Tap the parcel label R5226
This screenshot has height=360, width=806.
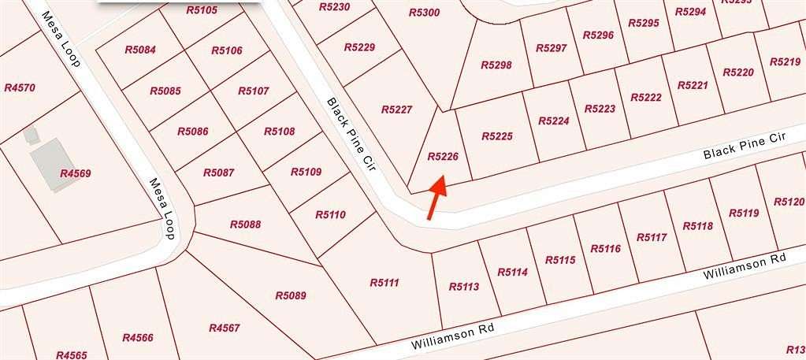[x=442, y=157]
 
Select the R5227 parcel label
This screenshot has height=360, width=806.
[x=396, y=109]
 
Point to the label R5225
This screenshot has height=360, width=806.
[x=496, y=136]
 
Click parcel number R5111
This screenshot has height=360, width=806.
[x=384, y=282]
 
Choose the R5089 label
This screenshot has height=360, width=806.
[x=290, y=296]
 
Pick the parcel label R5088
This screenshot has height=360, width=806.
[x=245, y=225]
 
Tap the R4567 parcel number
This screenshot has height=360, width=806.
[x=224, y=328]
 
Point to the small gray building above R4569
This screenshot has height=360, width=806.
[x=31, y=135]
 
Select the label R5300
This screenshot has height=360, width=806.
[x=425, y=13]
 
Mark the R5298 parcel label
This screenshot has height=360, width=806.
[x=496, y=65]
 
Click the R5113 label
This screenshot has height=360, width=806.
[x=463, y=287]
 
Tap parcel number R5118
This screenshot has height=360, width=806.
[x=697, y=226]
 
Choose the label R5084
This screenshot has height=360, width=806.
[x=140, y=50]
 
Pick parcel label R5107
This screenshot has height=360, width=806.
[x=253, y=91]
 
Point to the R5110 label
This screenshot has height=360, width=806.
[x=330, y=213]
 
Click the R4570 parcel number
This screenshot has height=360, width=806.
[x=20, y=88]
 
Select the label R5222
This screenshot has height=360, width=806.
[x=646, y=97]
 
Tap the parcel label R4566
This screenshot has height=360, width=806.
[x=138, y=338]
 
